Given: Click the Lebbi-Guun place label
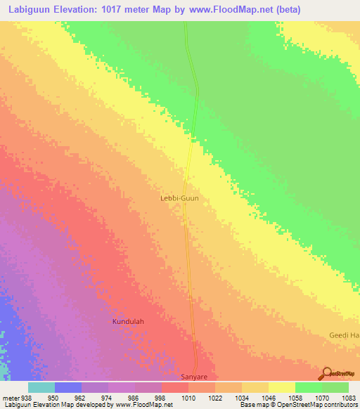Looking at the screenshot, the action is coord(180,199).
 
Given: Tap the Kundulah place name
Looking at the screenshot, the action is coord(128,322).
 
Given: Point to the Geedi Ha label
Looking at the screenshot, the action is coord(344,335).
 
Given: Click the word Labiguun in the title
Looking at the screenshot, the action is coord(30,9).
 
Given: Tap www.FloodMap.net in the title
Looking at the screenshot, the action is coord(234,9).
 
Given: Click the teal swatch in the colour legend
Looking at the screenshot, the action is coord(41,388).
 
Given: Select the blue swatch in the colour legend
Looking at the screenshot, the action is coord(67,388).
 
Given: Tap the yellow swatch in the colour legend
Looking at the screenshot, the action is coord(281,388).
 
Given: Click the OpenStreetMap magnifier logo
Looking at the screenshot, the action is coord(327,372).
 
